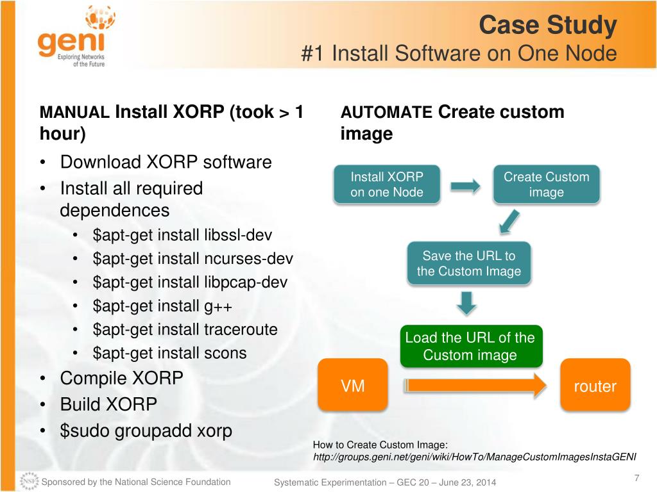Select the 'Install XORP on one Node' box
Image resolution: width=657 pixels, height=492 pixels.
click(x=386, y=184)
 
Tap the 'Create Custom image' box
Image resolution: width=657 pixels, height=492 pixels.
click(x=546, y=184)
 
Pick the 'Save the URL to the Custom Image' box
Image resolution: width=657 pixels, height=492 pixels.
click(x=468, y=263)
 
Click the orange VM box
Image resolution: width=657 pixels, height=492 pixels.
click(x=353, y=386)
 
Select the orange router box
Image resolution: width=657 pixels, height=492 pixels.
click(x=595, y=386)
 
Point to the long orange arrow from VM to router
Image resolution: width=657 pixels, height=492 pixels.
click(x=475, y=386)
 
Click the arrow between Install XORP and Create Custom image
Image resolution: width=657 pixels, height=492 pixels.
click(x=465, y=186)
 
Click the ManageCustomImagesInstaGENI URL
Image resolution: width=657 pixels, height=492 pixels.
click(x=474, y=457)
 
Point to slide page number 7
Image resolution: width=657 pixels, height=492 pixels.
click(x=636, y=477)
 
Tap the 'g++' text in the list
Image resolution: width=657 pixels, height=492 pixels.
click(x=218, y=306)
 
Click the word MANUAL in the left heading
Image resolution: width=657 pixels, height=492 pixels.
click(x=74, y=113)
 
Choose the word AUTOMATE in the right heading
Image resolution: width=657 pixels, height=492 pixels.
click(x=386, y=113)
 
